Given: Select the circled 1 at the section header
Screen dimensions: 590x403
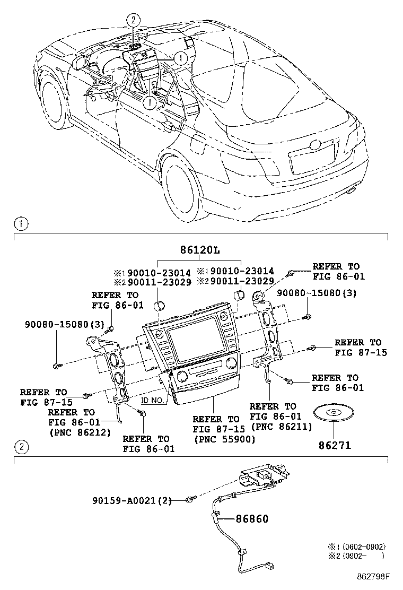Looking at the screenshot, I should click(20, 223).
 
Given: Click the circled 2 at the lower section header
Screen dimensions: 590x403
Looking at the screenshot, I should click(20, 447).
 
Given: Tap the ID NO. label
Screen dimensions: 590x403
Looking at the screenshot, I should click(152, 401).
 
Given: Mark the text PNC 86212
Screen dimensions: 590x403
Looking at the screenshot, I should click(80, 432).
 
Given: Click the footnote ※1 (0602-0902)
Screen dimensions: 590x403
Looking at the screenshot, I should click(356, 546).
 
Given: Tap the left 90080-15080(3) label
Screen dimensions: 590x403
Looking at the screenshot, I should click(57, 324).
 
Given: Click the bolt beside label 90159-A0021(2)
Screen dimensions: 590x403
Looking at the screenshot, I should click(189, 500).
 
